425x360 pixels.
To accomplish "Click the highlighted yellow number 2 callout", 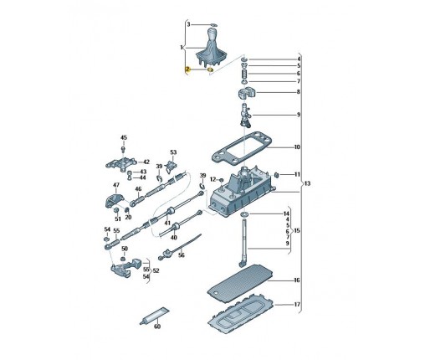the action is point(187,69).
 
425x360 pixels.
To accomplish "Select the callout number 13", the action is point(307,183).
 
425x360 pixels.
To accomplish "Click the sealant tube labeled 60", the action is point(154,316).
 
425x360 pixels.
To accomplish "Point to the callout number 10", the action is point(297,147).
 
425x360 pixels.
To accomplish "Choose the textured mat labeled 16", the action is point(240,283).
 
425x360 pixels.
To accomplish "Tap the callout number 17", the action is point(297,304).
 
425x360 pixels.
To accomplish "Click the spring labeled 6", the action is point(244,75).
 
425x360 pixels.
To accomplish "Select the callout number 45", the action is point(124,137).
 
